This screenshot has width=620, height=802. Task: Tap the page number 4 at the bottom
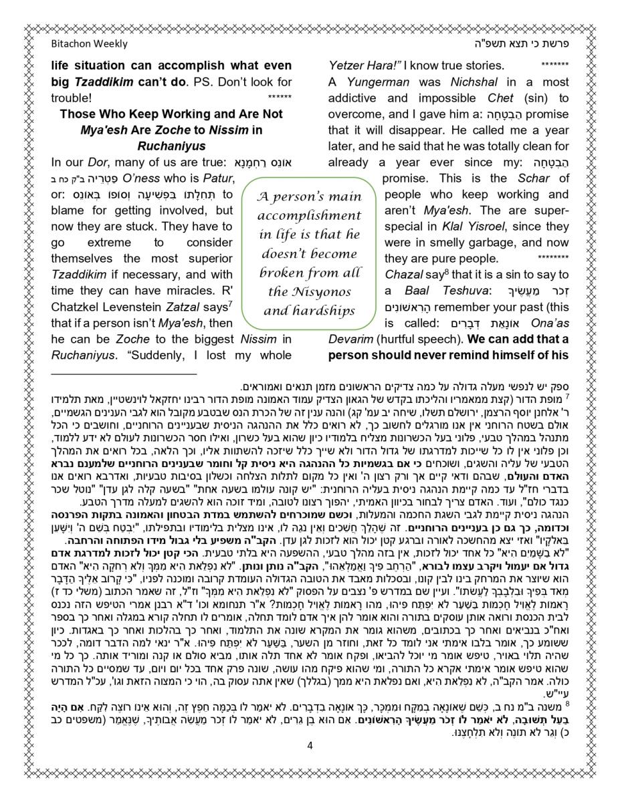point(310,745)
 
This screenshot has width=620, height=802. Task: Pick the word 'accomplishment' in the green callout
point(309,216)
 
